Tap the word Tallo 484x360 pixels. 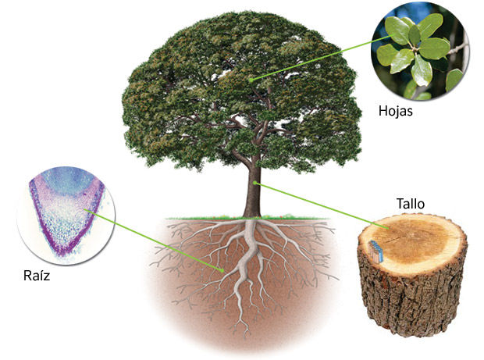pos(411,204)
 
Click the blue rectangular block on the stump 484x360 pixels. pos(375,251)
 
